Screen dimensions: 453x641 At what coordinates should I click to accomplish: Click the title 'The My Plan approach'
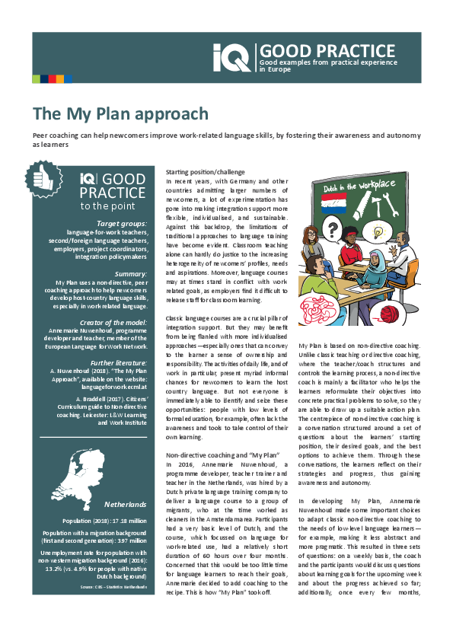(120, 114)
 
